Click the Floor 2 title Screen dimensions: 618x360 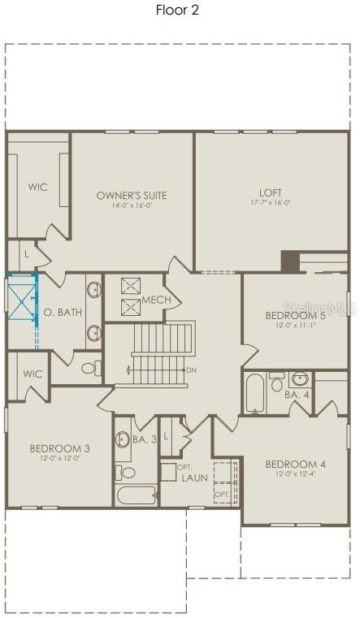click(x=177, y=10)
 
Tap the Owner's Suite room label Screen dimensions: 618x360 click(x=132, y=195)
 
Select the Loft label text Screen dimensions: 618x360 click(x=270, y=192)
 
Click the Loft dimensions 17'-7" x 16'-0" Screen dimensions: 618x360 click(x=270, y=203)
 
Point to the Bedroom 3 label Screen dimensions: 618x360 click(x=59, y=447)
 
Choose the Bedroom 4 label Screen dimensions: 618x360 click(x=296, y=464)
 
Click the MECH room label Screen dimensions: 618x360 click(x=156, y=300)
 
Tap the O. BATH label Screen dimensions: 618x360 click(x=63, y=312)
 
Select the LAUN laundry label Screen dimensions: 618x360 click(x=195, y=478)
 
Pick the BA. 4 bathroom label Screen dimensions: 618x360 click(x=297, y=395)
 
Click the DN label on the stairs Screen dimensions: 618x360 click(x=192, y=370)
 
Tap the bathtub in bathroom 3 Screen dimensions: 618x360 click(x=135, y=494)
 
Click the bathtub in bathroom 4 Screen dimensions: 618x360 click(x=254, y=393)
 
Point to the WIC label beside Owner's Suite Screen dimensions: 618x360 click(x=37, y=187)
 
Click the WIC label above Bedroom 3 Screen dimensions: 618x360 click(x=33, y=374)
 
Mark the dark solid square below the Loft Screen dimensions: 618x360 click(x=290, y=261)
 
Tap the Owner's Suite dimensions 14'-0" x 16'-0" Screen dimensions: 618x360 click(x=132, y=205)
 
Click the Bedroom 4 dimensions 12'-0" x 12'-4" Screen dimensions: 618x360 click(x=296, y=474)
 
